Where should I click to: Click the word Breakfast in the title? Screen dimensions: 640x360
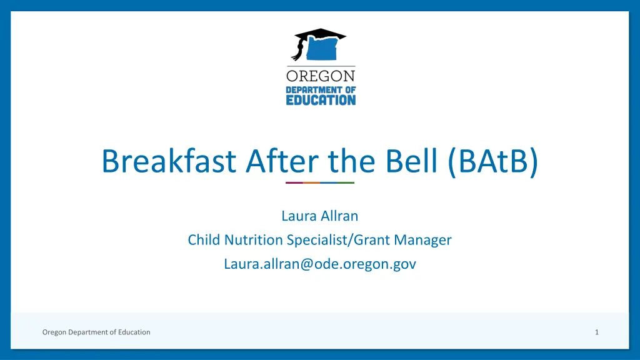coord(169,161)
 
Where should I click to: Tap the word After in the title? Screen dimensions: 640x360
coord(282,161)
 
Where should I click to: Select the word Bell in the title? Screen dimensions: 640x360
coord(411,161)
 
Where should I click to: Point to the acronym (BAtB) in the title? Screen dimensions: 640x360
coord(493,162)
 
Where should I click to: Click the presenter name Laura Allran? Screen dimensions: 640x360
coord(320,216)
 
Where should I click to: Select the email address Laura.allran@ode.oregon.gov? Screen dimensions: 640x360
coord(320,264)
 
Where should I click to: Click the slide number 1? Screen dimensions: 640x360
coord(597,332)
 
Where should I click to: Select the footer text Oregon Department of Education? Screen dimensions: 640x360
coord(96,332)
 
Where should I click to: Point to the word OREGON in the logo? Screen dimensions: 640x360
coord(321,76)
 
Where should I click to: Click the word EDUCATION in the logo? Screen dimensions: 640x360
coord(321,100)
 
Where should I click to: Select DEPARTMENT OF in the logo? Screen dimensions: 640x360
coord(321,90)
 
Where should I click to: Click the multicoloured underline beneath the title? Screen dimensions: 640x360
coord(320,183)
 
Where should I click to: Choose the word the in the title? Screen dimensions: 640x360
coord(351,161)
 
